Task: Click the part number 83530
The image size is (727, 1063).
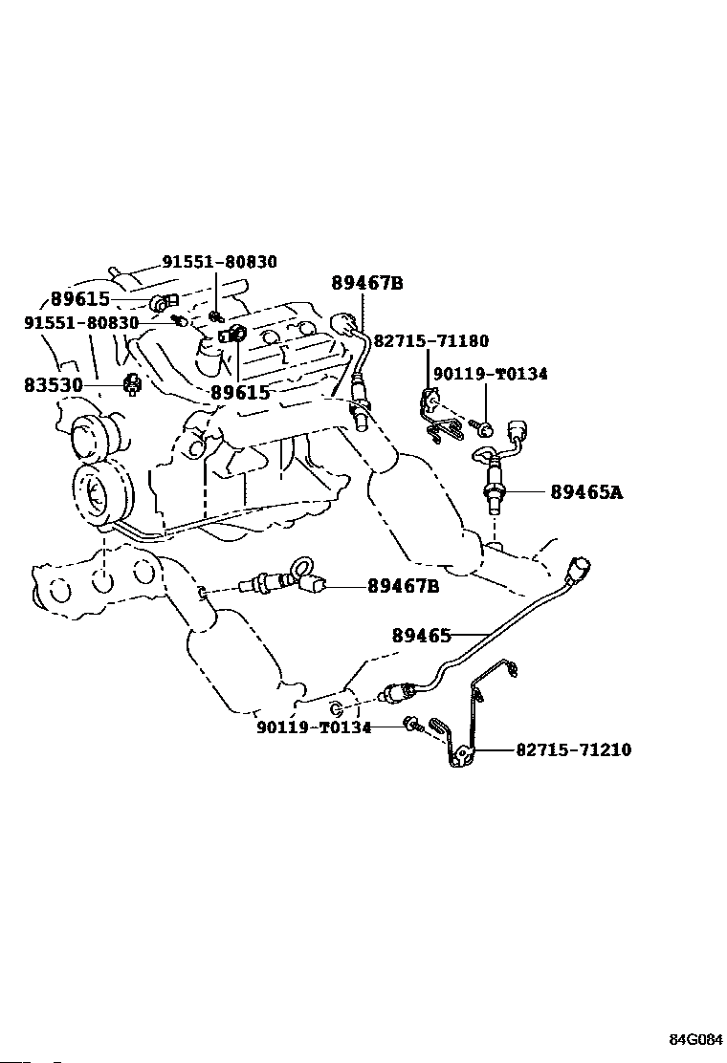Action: click(x=53, y=385)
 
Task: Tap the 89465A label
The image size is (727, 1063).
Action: click(x=586, y=491)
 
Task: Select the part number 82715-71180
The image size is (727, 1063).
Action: click(x=431, y=341)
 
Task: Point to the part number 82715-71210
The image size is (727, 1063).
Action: click(x=574, y=749)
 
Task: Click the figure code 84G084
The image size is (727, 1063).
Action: click(x=696, y=1040)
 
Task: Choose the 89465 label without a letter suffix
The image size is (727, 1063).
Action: click(x=421, y=636)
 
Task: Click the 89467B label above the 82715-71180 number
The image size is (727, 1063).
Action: click(x=367, y=283)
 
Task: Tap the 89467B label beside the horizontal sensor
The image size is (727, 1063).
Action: click(x=404, y=585)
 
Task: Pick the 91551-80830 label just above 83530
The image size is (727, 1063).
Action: click(x=81, y=323)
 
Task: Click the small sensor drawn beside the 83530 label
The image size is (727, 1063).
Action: click(x=132, y=384)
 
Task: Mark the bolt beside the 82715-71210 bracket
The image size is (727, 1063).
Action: click(x=411, y=725)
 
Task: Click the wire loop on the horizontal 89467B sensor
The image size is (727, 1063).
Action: click(x=301, y=567)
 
